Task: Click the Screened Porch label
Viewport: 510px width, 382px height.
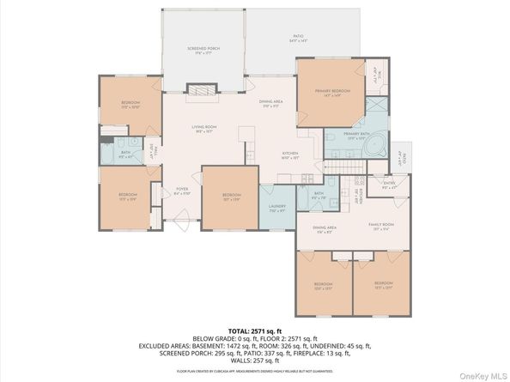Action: point(203,50)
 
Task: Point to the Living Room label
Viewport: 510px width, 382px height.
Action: point(203,129)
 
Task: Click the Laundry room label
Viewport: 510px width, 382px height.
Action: point(277,207)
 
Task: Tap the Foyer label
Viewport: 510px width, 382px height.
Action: point(182,191)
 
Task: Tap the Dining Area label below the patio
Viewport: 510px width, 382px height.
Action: point(272,104)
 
